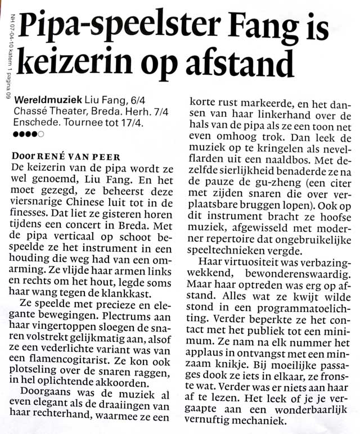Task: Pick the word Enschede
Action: click(x=35, y=123)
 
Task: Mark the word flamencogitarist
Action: click(x=70, y=364)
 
